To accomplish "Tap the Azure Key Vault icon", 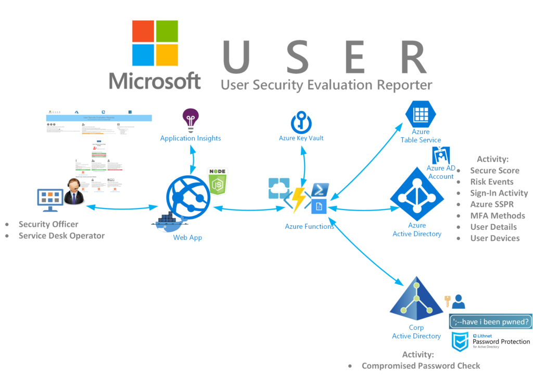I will click(x=301, y=122).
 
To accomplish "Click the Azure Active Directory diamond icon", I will click(x=417, y=195).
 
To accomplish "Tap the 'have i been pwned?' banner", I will click(x=491, y=321).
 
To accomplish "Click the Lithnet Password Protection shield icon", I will click(x=460, y=342).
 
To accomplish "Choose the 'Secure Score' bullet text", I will click(x=494, y=171).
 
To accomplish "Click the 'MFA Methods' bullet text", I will click(x=497, y=216).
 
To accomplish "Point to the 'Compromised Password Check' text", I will click(x=421, y=366).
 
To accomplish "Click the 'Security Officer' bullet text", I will click(x=48, y=224).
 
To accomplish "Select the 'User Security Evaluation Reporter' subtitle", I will click(x=326, y=84).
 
